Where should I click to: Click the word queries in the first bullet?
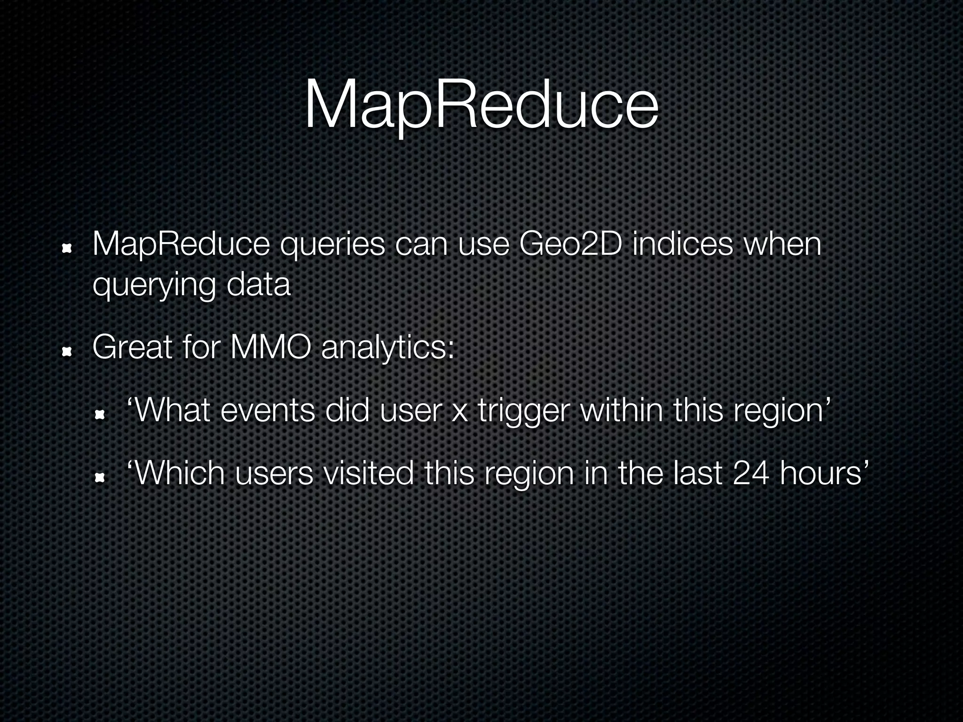(332, 245)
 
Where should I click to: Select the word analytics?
(388, 349)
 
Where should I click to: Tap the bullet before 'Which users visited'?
(100, 478)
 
